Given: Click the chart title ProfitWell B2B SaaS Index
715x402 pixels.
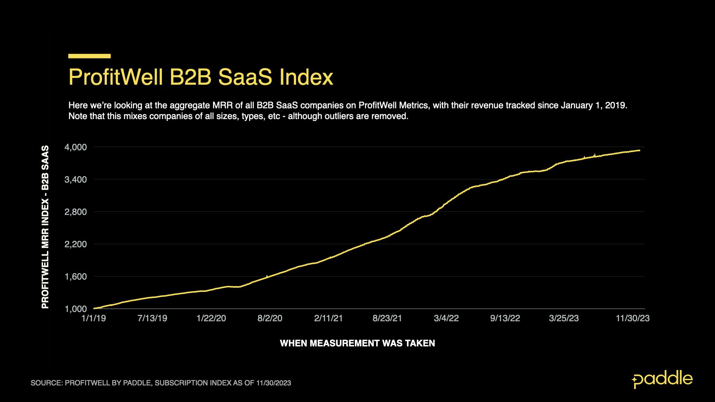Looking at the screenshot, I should [201, 77].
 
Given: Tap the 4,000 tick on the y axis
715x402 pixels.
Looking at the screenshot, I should [76, 147].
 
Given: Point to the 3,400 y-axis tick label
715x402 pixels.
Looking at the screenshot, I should [76, 180].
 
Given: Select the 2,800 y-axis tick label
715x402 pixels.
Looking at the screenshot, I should [76, 212].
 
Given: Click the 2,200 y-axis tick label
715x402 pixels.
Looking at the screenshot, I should [76, 245].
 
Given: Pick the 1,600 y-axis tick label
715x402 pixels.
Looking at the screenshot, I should [76, 277].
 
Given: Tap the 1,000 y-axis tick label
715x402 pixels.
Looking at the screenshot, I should [76, 309].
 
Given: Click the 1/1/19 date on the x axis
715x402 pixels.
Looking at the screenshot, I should [93, 319].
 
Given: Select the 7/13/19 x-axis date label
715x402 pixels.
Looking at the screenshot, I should [152, 319].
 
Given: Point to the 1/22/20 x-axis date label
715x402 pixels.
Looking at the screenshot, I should [211, 319].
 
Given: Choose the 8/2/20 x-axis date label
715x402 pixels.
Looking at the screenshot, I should [270, 319].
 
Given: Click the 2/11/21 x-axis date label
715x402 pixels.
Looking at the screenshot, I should [328, 319].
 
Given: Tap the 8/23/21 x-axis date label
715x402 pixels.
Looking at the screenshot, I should [387, 319].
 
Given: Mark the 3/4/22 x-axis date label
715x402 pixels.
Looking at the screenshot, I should [446, 319].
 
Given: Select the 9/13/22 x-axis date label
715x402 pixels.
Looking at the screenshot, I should [505, 319].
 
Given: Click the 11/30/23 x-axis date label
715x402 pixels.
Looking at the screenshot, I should [633, 319].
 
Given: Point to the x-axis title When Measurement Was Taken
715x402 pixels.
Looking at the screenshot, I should [357, 343].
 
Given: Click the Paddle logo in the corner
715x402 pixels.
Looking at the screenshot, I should [662, 379].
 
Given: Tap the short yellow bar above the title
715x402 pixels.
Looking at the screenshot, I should [89, 56].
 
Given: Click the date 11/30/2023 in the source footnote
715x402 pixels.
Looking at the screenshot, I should [273, 383].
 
